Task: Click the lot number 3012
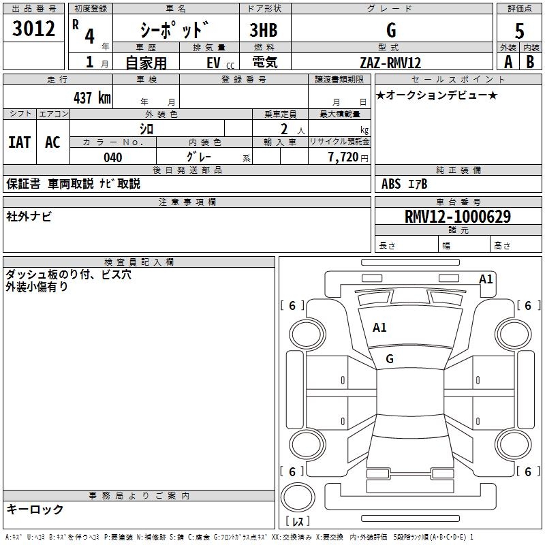pos(34,29)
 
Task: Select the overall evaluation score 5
pos(519,31)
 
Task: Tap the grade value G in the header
pos(390,30)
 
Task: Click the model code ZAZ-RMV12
pos(390,63)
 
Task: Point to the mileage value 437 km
pos(91,97)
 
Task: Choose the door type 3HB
pos(264,31)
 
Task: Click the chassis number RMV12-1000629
pos(457,217)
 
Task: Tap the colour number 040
pos(112,157)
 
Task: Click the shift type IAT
pos(19,142)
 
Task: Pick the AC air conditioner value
pos(52,142)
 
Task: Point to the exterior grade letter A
pos(508,62)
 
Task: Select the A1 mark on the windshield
pos(379,328)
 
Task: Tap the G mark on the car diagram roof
pos(390,359)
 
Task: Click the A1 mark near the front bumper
pos(486,279)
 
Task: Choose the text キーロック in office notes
pos(35,509)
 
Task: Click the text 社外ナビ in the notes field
pos(29,217)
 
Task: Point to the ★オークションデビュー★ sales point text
pos(437,95)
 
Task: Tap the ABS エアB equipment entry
pos(405,183)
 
